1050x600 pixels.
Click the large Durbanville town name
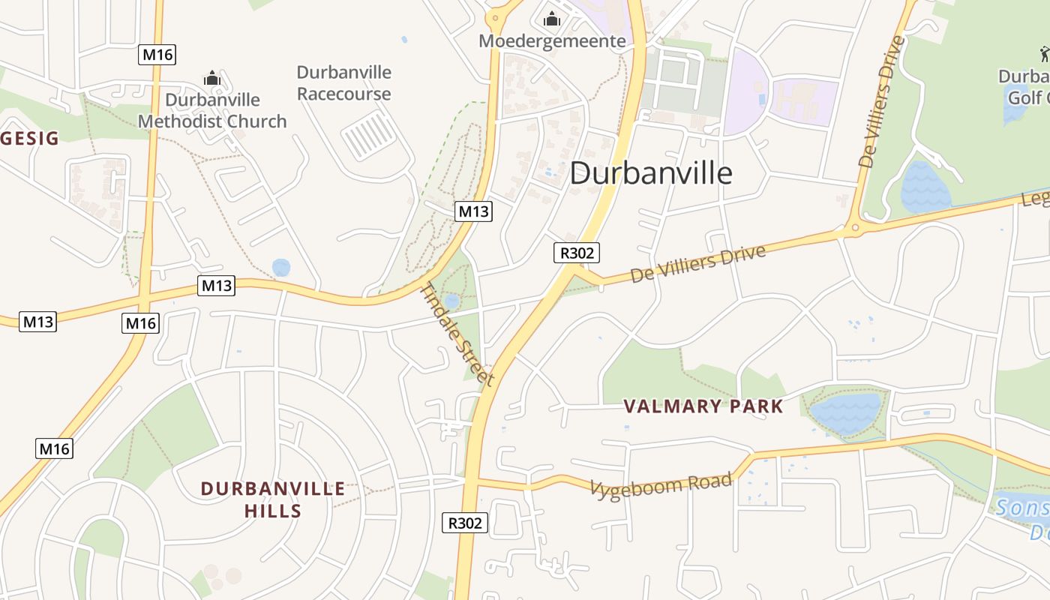[651, 173]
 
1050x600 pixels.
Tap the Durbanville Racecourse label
[344, 83]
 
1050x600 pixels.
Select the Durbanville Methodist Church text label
[212, 110]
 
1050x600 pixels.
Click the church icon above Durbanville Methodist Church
[212, 78]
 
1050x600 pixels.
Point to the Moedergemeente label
[552, 40]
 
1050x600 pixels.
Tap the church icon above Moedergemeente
[552, 19]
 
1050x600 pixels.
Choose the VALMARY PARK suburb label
[703, 406]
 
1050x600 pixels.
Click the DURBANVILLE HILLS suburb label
[273, 500]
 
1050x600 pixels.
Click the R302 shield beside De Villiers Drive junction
[577, 253]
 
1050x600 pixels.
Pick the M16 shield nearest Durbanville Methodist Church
[157, 55]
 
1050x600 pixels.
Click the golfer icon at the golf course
[1044, 54]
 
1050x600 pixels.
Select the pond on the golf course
[924, 187]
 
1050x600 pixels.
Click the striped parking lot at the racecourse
[369, 135]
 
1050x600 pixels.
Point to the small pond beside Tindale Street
[451, 301]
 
